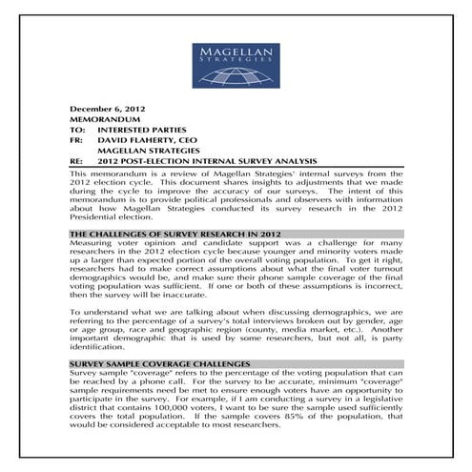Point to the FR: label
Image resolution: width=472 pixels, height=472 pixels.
pyautogui.click(x=78, y=149)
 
